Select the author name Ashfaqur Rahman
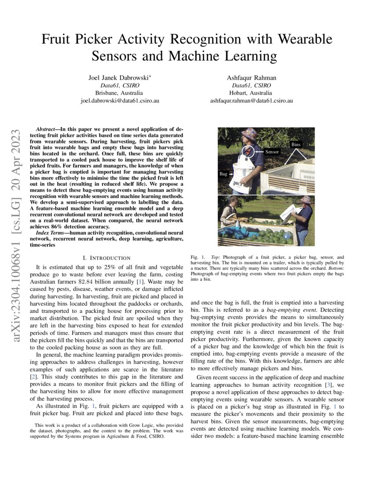[251, 78]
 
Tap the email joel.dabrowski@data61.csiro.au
[119, 100]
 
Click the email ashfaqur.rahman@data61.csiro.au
[251, 100]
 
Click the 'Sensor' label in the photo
[272, 151]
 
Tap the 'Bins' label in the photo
[296, 144]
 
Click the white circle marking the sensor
[249, 152]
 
